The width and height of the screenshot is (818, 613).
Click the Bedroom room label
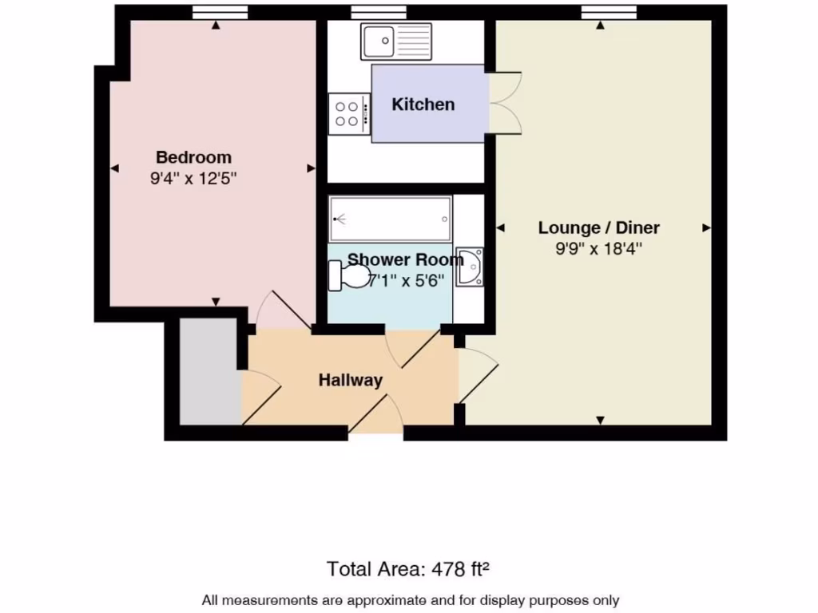click(x=193, y=157)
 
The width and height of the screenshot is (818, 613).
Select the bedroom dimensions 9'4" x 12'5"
click(x=193, y=180)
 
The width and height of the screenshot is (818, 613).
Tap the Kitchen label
click(x=423, y=105)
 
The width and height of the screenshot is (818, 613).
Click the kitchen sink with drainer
click(x=396, y=39)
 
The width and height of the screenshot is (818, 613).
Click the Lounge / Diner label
click(x=598, y=227)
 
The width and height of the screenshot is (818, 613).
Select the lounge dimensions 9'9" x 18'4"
click(x=598, y=249)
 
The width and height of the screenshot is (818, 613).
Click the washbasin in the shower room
click(x=470, y=266)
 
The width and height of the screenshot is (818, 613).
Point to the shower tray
click(x=391, y=218)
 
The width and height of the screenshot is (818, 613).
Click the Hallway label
click(x=350, y=381)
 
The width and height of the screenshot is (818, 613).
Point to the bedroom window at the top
click(x=220, y=12)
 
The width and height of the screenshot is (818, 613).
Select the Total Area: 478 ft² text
click(x=407, y=569)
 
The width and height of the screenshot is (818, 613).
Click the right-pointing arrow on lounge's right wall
click(x=706, y=228)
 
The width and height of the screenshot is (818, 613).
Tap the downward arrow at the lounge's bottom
click(x=601, y=420)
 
